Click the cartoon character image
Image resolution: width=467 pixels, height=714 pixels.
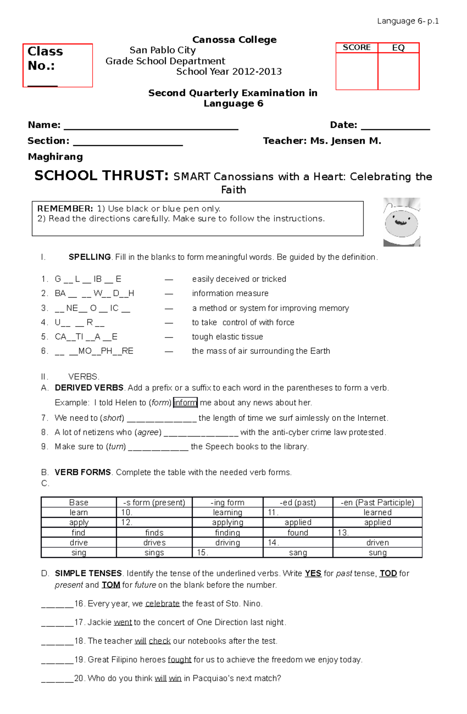tap(402, 222)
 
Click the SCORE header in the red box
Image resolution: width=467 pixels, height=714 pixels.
tap(356, 47)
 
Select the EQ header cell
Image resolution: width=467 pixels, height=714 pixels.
tap(398, 47)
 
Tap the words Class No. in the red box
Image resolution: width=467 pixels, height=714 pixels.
tap(45, 58)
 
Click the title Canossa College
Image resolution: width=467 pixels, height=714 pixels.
tap(234, 40)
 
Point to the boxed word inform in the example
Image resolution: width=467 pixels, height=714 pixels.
tap(185, 402)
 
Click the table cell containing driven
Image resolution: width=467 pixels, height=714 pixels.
tap(377, 542)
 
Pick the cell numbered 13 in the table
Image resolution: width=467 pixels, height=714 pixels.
tap(377, 532)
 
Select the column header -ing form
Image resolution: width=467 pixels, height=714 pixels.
tap(227, 502)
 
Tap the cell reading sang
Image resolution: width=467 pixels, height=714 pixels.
tap(298, 553)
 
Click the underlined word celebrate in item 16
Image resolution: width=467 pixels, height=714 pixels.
tap(162, 603)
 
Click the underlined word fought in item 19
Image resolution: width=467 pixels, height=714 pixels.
tap(179, 660)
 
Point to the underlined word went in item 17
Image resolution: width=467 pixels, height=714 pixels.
tap(123, 622)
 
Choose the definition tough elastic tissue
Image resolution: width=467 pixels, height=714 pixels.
tap(227, 337)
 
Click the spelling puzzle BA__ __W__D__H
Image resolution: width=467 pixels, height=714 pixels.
tap(94, 293)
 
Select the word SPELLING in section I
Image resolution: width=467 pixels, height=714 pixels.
tap(90, 257)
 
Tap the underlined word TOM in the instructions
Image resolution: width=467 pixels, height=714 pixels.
tap(111, 585)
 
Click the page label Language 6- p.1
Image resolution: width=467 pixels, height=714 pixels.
tap(407, 21)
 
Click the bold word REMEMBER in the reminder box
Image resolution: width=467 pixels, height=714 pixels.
tap(65, 209)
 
